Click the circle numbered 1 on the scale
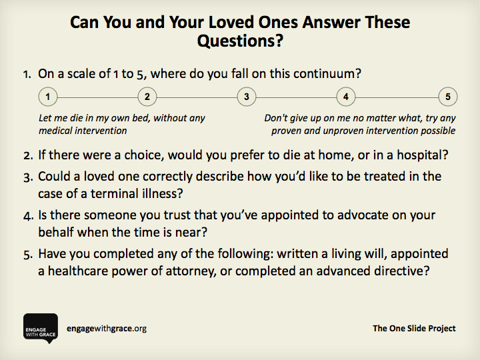coord(48,97)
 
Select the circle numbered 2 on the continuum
coord(147,97)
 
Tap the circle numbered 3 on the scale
coord(247,97)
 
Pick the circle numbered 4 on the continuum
coord(346,97)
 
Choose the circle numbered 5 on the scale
coord(448,97)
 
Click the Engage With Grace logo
coord(41,329)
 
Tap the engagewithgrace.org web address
coord(107,329)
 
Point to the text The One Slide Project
coord(414,329)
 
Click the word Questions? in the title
coord(240,41)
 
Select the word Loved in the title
coord(232,22)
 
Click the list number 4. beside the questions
coord(28,217)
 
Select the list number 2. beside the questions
coord(28,156)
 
